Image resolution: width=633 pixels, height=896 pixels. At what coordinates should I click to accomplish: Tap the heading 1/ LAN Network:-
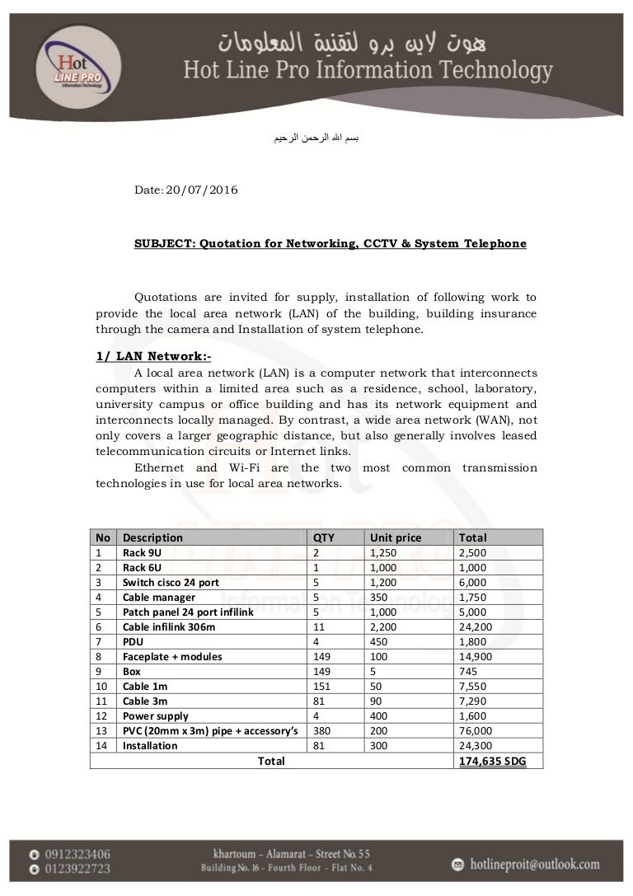click(x=154, y=357)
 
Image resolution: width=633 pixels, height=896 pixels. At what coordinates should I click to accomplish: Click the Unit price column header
click(x=396, y=537)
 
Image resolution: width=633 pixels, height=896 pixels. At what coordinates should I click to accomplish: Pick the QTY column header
click(x=324, y=537)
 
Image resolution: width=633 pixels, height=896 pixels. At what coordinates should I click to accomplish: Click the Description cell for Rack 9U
click(x=142, y=552)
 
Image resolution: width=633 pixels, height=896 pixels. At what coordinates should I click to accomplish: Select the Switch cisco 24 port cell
click(x=171, y=582)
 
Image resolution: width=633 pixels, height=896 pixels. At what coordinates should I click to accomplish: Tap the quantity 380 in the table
click(x=322, y=730)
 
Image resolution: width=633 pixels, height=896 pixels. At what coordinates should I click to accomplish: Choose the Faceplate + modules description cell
click(x=172, y=656)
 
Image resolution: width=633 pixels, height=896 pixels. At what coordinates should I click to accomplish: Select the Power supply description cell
click(x=156, y=715)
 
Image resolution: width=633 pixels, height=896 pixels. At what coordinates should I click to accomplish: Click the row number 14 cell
click(x=102, y=745)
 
